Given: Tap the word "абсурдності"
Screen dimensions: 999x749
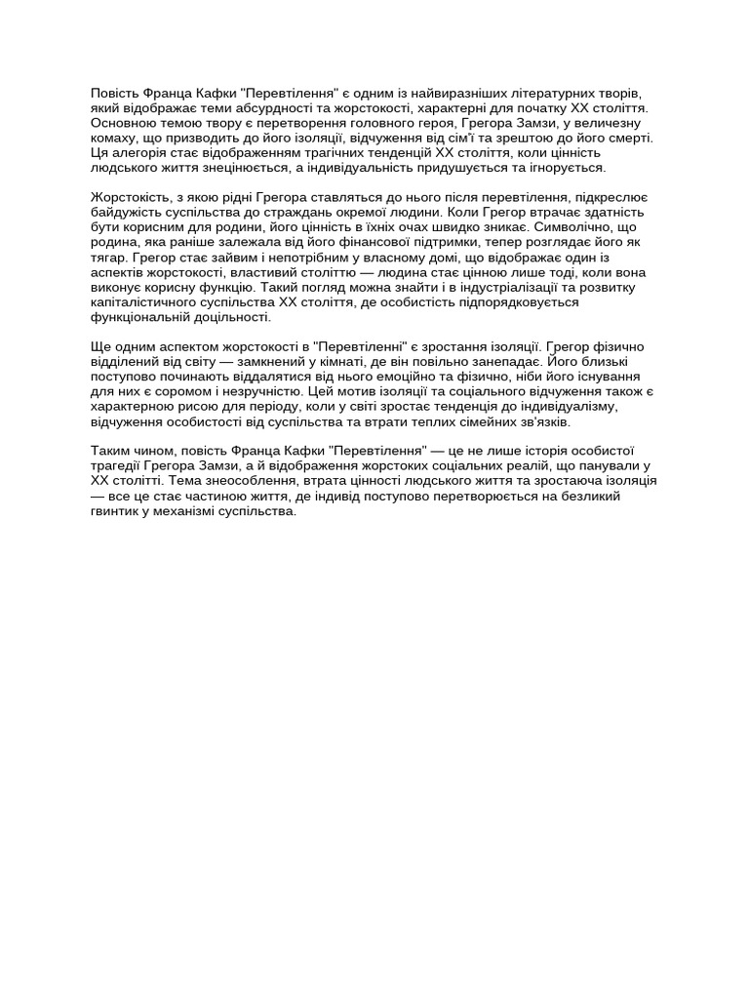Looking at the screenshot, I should [293, 107].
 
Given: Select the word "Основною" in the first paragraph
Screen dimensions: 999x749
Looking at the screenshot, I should [123, 123].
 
